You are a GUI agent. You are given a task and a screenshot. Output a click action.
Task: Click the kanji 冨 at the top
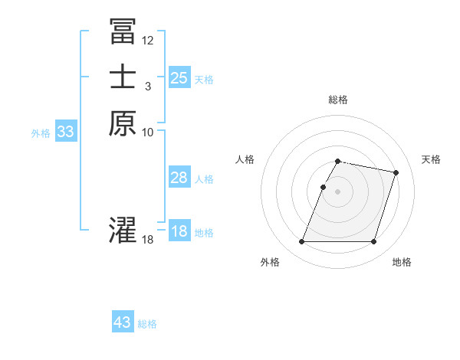click(123, 31)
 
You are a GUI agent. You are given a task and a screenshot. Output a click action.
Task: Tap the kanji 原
click(123, 123)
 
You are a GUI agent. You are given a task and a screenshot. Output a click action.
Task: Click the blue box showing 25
click(179, 77)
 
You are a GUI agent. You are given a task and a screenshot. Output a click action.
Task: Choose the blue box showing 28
click(179, 178)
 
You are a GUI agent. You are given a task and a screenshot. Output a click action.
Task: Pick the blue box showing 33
click(65, 132)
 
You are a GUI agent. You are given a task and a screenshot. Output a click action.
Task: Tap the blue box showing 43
click(123, 322)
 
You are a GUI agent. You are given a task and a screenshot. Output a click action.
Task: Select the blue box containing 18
click(179, 231)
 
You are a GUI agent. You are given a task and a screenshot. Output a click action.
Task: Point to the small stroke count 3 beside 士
click(147, 86)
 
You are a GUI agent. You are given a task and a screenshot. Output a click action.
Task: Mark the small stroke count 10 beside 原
click(148, 132)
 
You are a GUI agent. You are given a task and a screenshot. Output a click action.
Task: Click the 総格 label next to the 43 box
click(147, 324)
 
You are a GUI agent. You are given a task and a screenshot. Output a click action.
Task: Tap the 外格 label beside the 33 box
click(41, 133)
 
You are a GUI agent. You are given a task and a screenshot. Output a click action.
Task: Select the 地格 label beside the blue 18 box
click(204, 233)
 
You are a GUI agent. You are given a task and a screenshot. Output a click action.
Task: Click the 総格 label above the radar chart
click(338, 100)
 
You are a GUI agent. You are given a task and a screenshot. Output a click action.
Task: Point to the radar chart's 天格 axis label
click(431, 159)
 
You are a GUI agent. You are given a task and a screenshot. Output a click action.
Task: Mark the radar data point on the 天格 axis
click(396, 173)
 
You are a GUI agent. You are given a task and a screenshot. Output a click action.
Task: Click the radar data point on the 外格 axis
click(302, 242)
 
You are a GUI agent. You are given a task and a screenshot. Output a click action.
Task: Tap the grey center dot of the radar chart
click(338, 191)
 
